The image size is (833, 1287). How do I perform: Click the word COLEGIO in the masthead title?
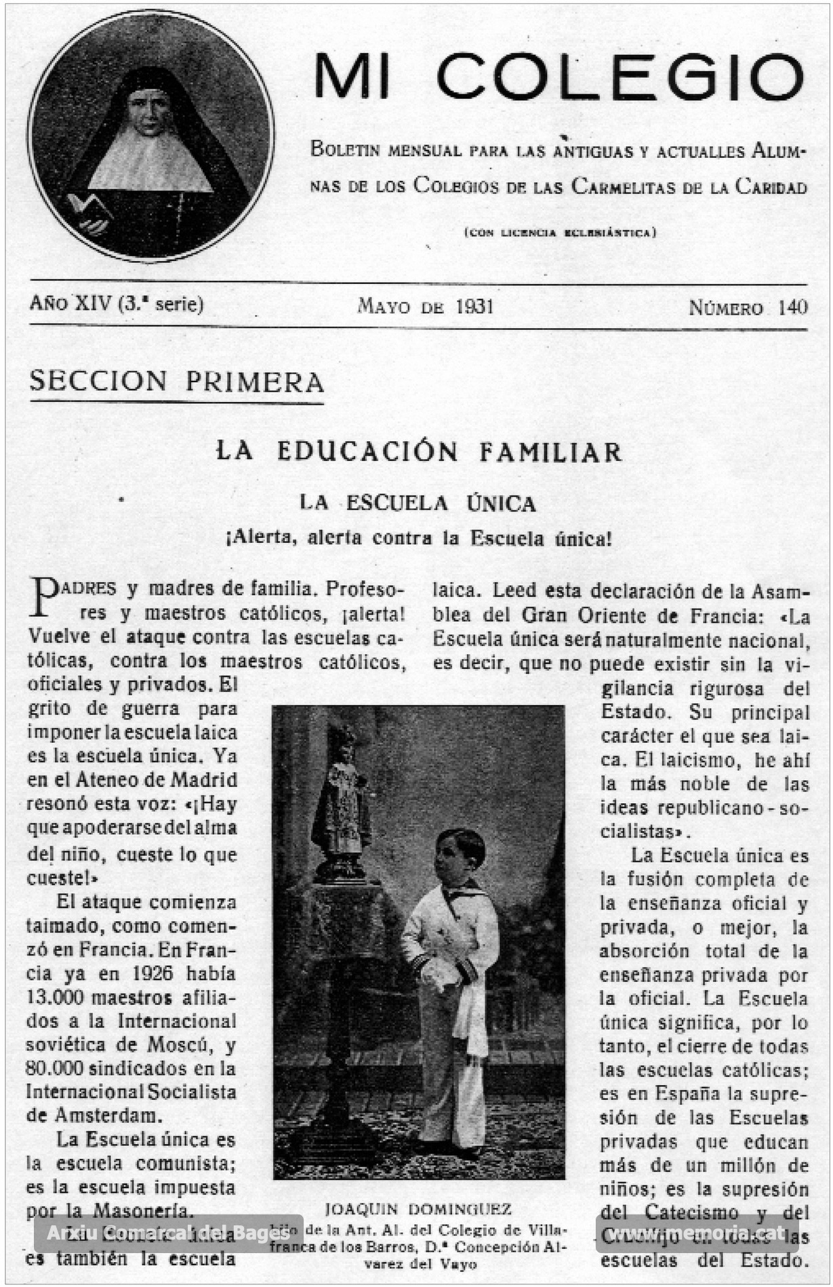click(x=620, y=76)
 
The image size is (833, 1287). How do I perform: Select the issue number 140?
click(x=793, y=308)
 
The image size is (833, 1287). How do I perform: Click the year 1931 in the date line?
click(x=474, y=307)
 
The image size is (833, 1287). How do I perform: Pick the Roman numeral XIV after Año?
click(x=92, y=304)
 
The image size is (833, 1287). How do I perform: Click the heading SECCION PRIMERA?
click(x=176, y=382)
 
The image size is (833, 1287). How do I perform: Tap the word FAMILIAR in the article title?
click(x=550, y=452)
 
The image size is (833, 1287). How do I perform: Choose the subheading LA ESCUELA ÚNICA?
click(x=418, y=504)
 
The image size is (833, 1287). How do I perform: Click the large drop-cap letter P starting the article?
click(x=43, y=597)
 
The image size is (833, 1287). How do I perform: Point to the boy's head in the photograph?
click(x=460, y=853)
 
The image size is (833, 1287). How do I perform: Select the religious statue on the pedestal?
click(x=341, y=800)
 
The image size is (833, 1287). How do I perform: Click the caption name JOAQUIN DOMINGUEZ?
click(x=418, y=1208)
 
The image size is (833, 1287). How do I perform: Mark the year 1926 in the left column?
click(x=153, y=974)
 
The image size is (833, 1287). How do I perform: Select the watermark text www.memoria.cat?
click(x=697, y=1233)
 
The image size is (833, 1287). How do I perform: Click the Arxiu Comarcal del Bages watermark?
click(x=168, y=1233)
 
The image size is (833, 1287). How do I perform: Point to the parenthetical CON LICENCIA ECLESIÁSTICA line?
click(x=560, y=233)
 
